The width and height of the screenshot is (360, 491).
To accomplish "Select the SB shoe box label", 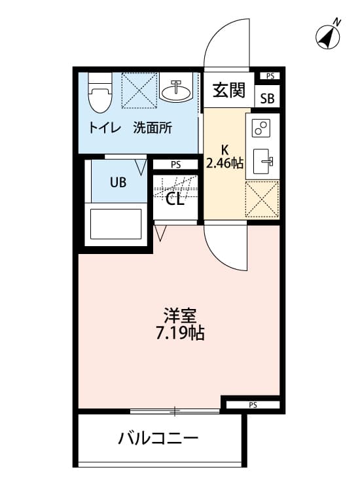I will coord(268,100).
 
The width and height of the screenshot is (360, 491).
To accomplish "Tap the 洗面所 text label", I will coord(153,128).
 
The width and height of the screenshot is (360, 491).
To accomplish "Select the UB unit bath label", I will coord(118,183).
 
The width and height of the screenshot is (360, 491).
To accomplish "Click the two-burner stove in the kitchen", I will coord(262,128).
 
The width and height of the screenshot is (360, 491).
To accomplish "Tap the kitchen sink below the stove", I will coord(262,160).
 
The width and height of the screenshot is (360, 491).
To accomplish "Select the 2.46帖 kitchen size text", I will coord(225,163).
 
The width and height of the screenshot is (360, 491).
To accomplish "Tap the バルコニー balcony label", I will coord(158,438).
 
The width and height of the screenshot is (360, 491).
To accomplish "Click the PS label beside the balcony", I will coord(253,405).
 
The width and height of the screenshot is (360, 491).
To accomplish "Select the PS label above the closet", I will coord(175,165).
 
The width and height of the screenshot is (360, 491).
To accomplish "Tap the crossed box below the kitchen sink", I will coord(262,198).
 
